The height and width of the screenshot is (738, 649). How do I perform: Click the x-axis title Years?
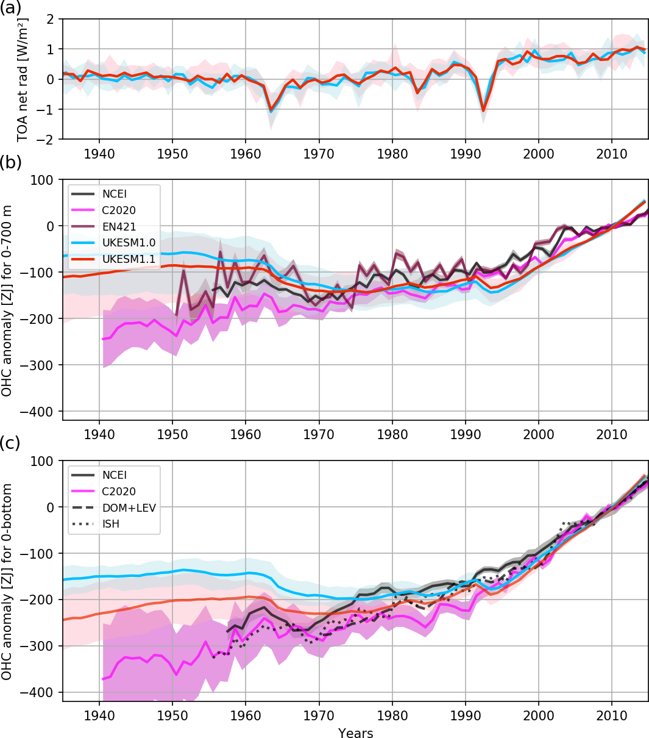point(355,733)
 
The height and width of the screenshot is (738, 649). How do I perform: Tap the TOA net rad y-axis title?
point(22,79)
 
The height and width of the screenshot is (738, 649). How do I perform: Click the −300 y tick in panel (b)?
point(41,365)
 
